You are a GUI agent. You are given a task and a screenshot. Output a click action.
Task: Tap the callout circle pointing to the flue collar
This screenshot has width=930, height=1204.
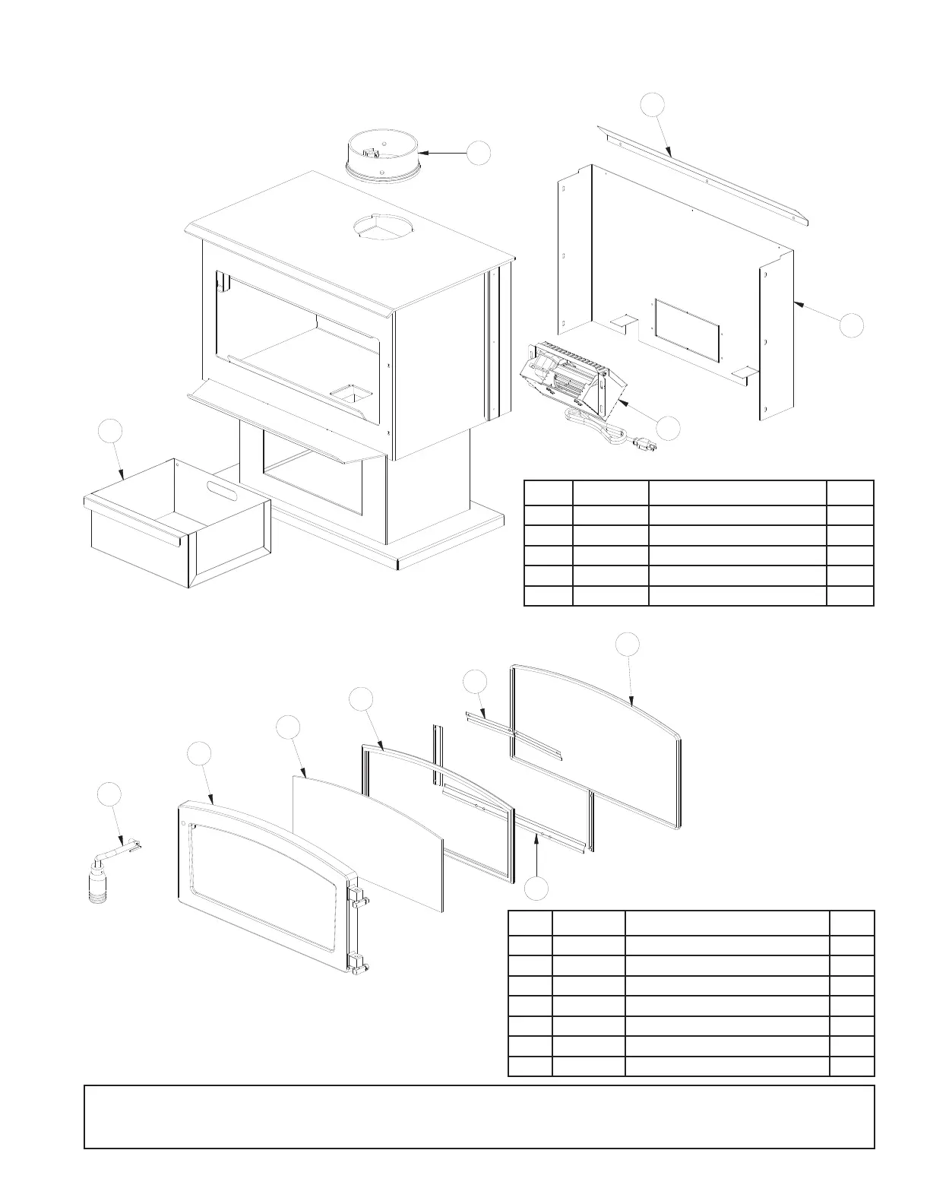point(478,153)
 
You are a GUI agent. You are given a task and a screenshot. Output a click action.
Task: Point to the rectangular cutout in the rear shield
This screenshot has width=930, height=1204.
point(685,330)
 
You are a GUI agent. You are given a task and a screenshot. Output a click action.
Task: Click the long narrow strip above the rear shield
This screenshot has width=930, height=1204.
point(703,180)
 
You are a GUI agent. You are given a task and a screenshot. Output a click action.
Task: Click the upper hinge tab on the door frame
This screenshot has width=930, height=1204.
point(359,898)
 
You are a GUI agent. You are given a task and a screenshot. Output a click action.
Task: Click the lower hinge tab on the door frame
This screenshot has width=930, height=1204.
point(359,964)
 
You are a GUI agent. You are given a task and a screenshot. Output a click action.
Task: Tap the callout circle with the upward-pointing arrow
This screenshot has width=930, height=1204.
point(538,889)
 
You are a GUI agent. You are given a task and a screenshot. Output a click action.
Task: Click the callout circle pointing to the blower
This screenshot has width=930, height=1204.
point(669,428)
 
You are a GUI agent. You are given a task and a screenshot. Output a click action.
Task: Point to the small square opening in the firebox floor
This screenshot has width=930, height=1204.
point(350,394)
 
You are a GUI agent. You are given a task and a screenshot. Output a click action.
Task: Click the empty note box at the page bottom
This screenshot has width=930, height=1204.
point(479,1117)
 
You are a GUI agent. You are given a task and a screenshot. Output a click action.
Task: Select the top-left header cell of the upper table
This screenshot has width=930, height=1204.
point(548,493)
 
